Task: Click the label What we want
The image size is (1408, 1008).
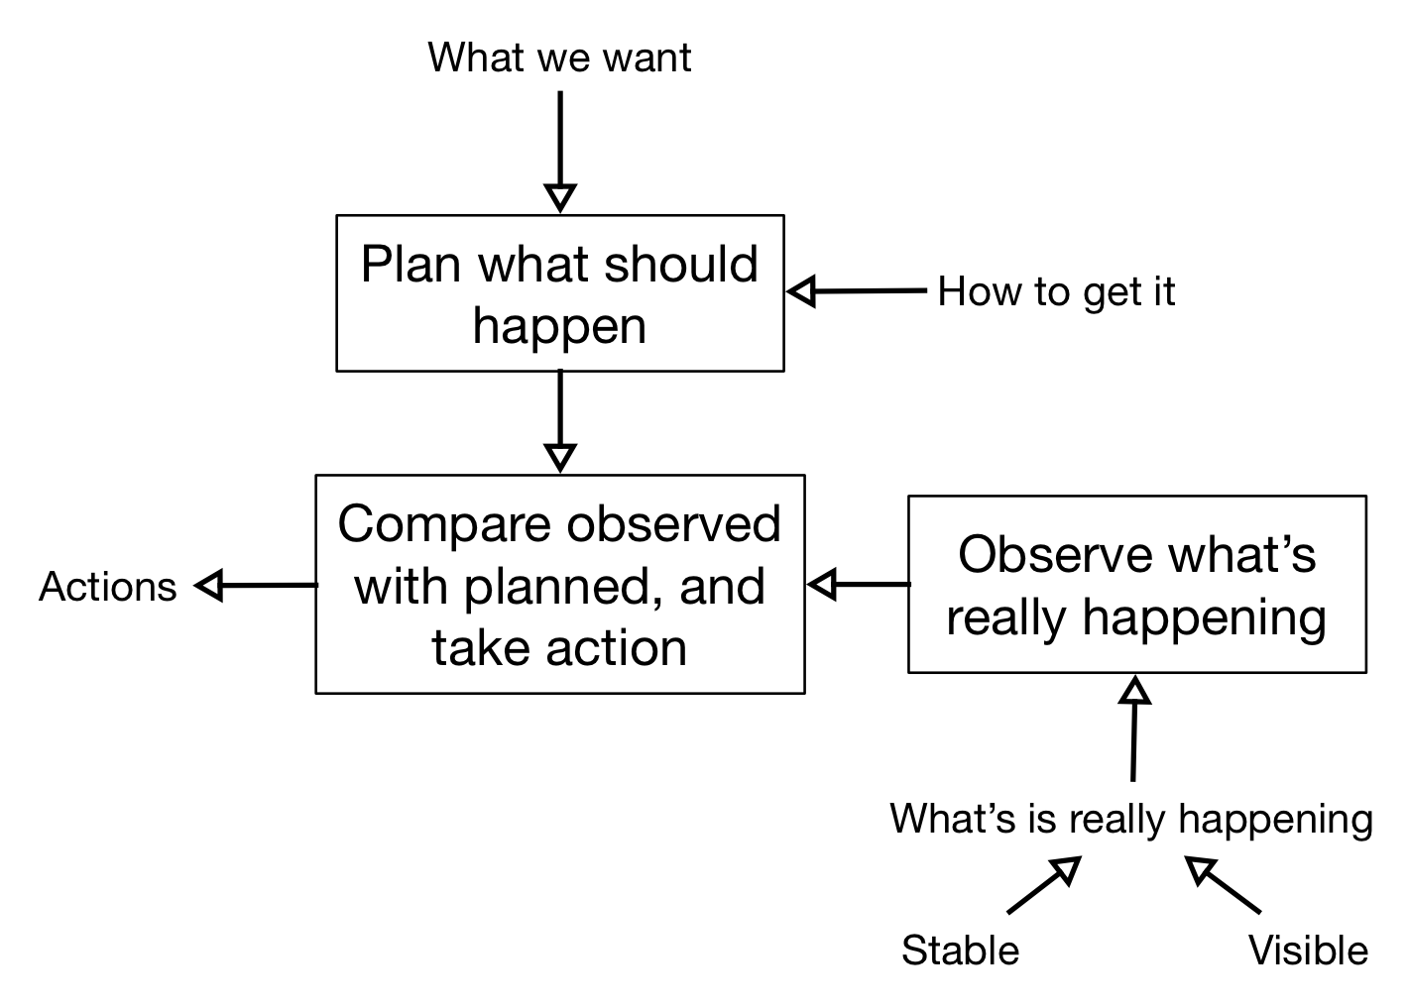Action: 559,57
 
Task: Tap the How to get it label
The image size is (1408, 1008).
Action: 1056,291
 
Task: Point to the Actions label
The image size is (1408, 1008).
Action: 107,587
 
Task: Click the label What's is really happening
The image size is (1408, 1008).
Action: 1130,819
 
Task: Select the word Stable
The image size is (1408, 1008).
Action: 960,951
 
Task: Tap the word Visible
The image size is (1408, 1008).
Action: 1307,951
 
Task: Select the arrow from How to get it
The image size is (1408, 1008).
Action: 859,291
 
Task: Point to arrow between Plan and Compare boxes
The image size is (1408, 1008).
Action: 560,416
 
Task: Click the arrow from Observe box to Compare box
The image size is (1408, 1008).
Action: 859,585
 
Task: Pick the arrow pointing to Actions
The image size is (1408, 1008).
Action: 256,586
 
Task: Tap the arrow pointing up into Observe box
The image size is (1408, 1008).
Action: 1133,728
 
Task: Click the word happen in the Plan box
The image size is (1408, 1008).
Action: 559,325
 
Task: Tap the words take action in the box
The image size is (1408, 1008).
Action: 559,647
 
